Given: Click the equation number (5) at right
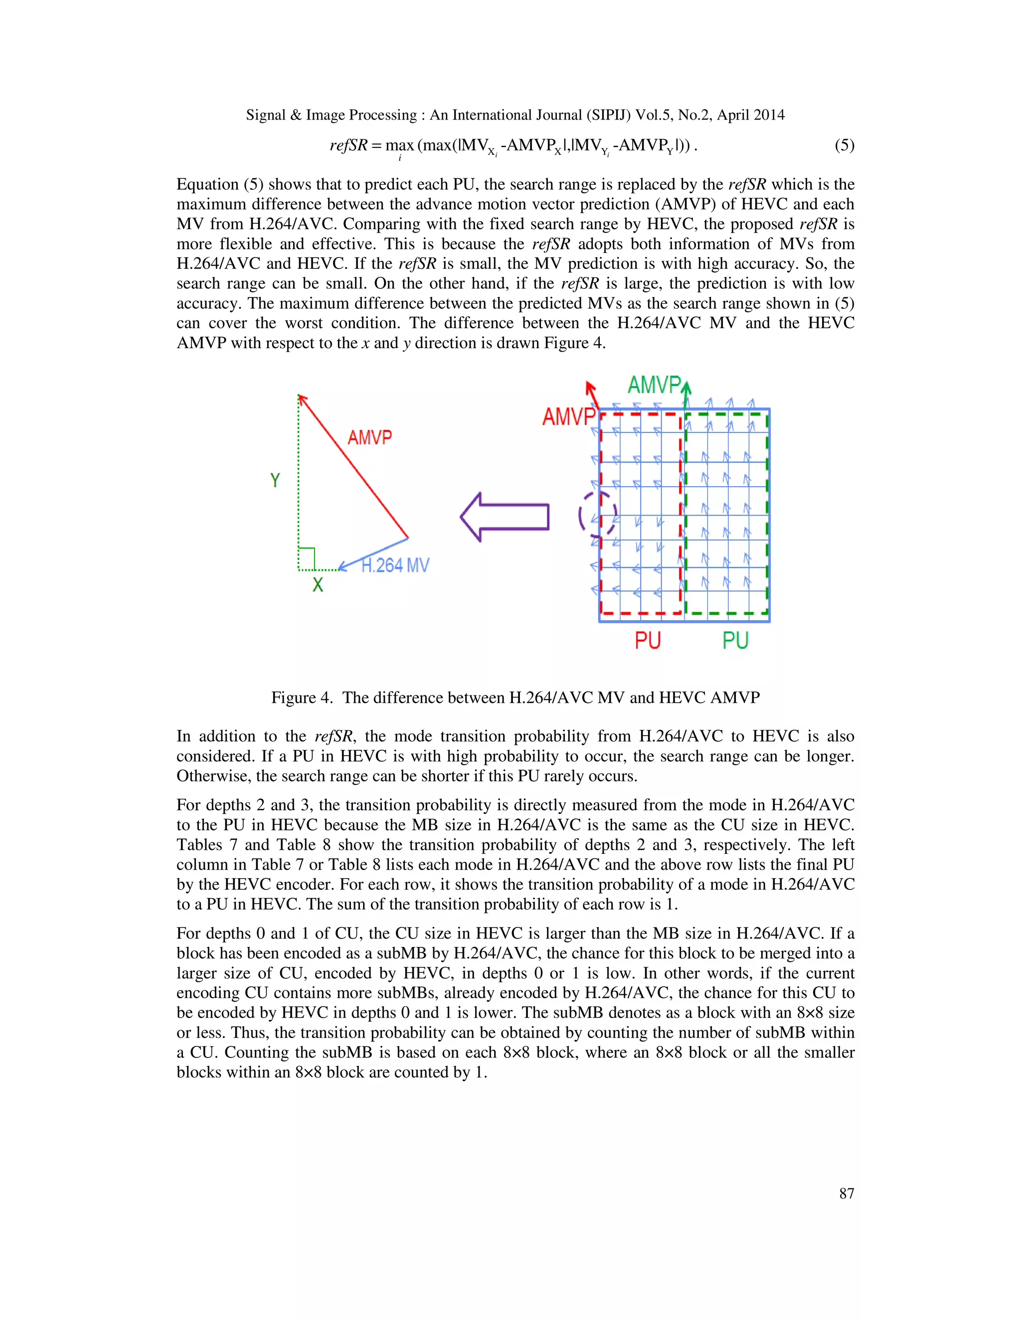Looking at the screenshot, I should click(x=844, y=145).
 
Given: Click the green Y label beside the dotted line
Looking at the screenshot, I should click(x=275, y=481).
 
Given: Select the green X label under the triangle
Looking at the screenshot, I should click(x=318, y=584).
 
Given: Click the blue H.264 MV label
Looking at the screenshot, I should click(x=395, y=566).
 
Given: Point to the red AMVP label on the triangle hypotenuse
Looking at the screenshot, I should click(x=369, y=437).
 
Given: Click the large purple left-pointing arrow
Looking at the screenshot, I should click(x=505, y=517).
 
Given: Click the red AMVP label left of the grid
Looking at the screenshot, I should click(x=568, y=416).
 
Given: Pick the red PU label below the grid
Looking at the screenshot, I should click(x=647, y=641).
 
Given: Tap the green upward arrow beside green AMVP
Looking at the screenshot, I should click(x=686, y=394).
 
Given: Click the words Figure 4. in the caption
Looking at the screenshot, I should click(x=302, y=697).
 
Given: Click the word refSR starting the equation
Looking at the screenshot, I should click(x=348, y=145).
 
